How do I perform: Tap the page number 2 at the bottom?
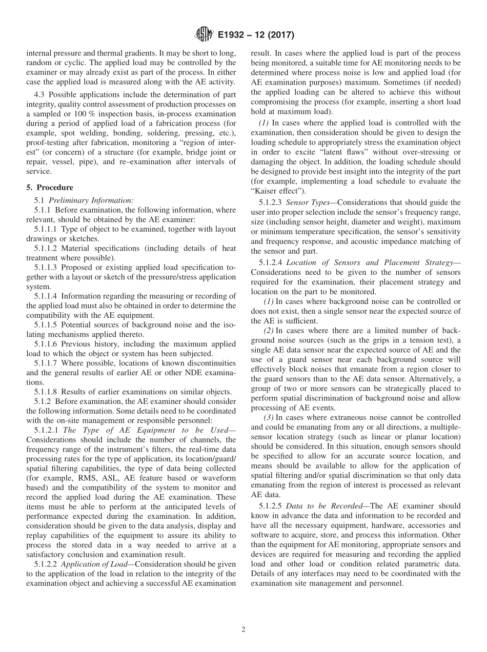[x=243, y=630]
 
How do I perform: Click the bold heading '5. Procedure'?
[x=49, y=188]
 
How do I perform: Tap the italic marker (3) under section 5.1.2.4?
[x=269, y=417]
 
